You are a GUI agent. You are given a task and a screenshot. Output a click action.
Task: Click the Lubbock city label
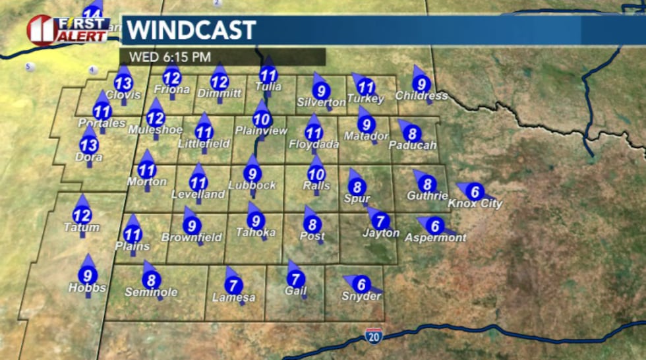(x=252, y=186)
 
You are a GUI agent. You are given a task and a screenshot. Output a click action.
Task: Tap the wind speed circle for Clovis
(x=123, y=83)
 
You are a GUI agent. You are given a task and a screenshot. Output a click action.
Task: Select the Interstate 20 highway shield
(x=372, y=336)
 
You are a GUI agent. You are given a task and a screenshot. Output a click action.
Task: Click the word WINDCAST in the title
(x=191, y=30)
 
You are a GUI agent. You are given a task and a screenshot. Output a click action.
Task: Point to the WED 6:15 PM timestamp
(x=169, y=57)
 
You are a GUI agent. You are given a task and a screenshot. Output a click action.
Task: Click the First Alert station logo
(x=69, y=29)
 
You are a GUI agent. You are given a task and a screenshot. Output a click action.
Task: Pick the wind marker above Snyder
(x=361, y=285)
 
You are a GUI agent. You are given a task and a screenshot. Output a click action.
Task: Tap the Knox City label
(x=475, y=204)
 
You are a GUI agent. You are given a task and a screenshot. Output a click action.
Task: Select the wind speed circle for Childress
(x=421, y=84)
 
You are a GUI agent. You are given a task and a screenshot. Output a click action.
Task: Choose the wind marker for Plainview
(x=262, y=119)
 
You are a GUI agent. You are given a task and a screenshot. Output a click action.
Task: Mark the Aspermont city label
(x=435, y=238)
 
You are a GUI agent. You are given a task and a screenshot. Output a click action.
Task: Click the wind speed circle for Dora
(x=89, y=145)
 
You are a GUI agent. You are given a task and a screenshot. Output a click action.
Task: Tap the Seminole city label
(x=151, y=292)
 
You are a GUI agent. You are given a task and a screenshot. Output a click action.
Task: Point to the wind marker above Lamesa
(x=233, y=285)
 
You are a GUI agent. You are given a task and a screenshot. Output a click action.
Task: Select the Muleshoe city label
(x=155, y=131)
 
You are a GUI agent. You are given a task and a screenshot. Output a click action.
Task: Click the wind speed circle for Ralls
(x=316, y=174)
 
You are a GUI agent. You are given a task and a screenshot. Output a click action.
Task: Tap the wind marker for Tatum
(x=82, y=215)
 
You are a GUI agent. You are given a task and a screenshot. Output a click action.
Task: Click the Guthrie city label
(x=427, y=196)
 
